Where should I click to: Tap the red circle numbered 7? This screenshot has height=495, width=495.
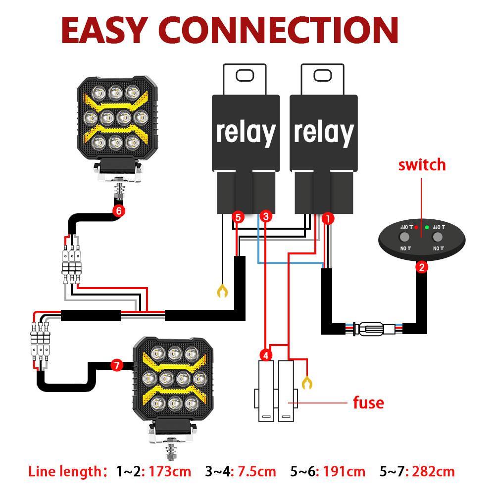tap(116, 366)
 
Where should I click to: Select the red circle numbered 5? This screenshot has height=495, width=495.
tap(238, 217)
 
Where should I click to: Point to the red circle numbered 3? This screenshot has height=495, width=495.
tap(266, 216)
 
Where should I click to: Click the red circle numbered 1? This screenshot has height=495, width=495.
tap(328, 217)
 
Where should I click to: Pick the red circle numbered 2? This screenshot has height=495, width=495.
tap(421, 268)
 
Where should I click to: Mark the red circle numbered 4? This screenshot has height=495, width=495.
tap(266, 355)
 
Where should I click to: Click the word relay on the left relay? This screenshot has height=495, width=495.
tap(246, 133)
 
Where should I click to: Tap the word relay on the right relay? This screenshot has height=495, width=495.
tap(324, 133)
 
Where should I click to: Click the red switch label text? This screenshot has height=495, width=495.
tap(422, 165)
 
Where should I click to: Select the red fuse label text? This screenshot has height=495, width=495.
tap(368, 402)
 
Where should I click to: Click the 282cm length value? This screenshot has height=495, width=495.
tap(433, 471)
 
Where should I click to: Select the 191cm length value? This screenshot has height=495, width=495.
tap(344, 471)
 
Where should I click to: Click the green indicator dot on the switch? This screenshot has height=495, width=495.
tap(427, 227)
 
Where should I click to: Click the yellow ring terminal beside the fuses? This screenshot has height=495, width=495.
tap(307, 382)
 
